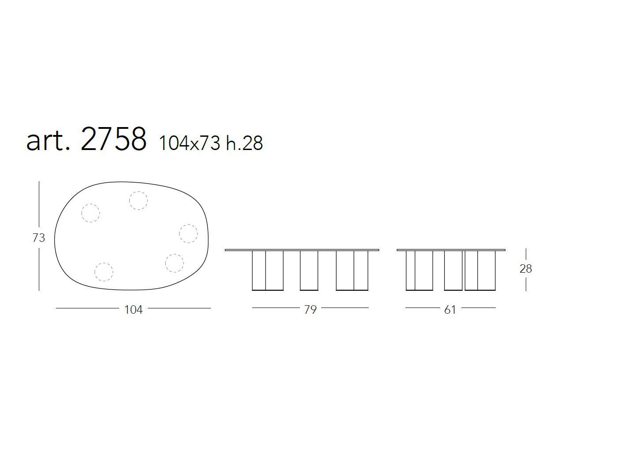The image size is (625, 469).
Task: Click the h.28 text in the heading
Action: point(244,143)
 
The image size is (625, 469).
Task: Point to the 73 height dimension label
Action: point(39,238)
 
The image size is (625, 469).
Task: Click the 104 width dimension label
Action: point(134,310)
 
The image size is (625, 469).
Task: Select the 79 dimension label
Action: point(311,310)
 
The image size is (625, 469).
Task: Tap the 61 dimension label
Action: point(450,310)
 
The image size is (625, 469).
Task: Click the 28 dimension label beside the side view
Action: point(526,269)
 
